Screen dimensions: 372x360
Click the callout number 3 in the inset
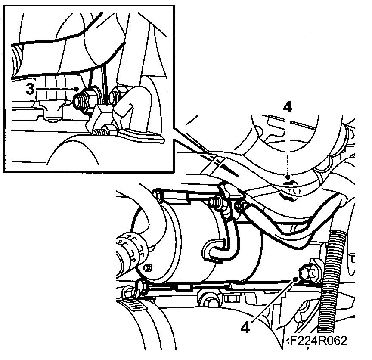tap(30, 90)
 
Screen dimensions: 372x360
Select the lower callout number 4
tap(245, 328)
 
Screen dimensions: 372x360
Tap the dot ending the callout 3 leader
tap(76, 89)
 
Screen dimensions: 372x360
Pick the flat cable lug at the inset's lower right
tap(142, 136)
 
